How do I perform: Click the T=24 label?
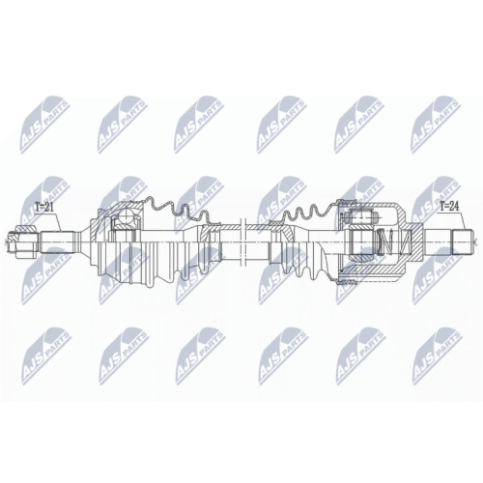tap(448, 206)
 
